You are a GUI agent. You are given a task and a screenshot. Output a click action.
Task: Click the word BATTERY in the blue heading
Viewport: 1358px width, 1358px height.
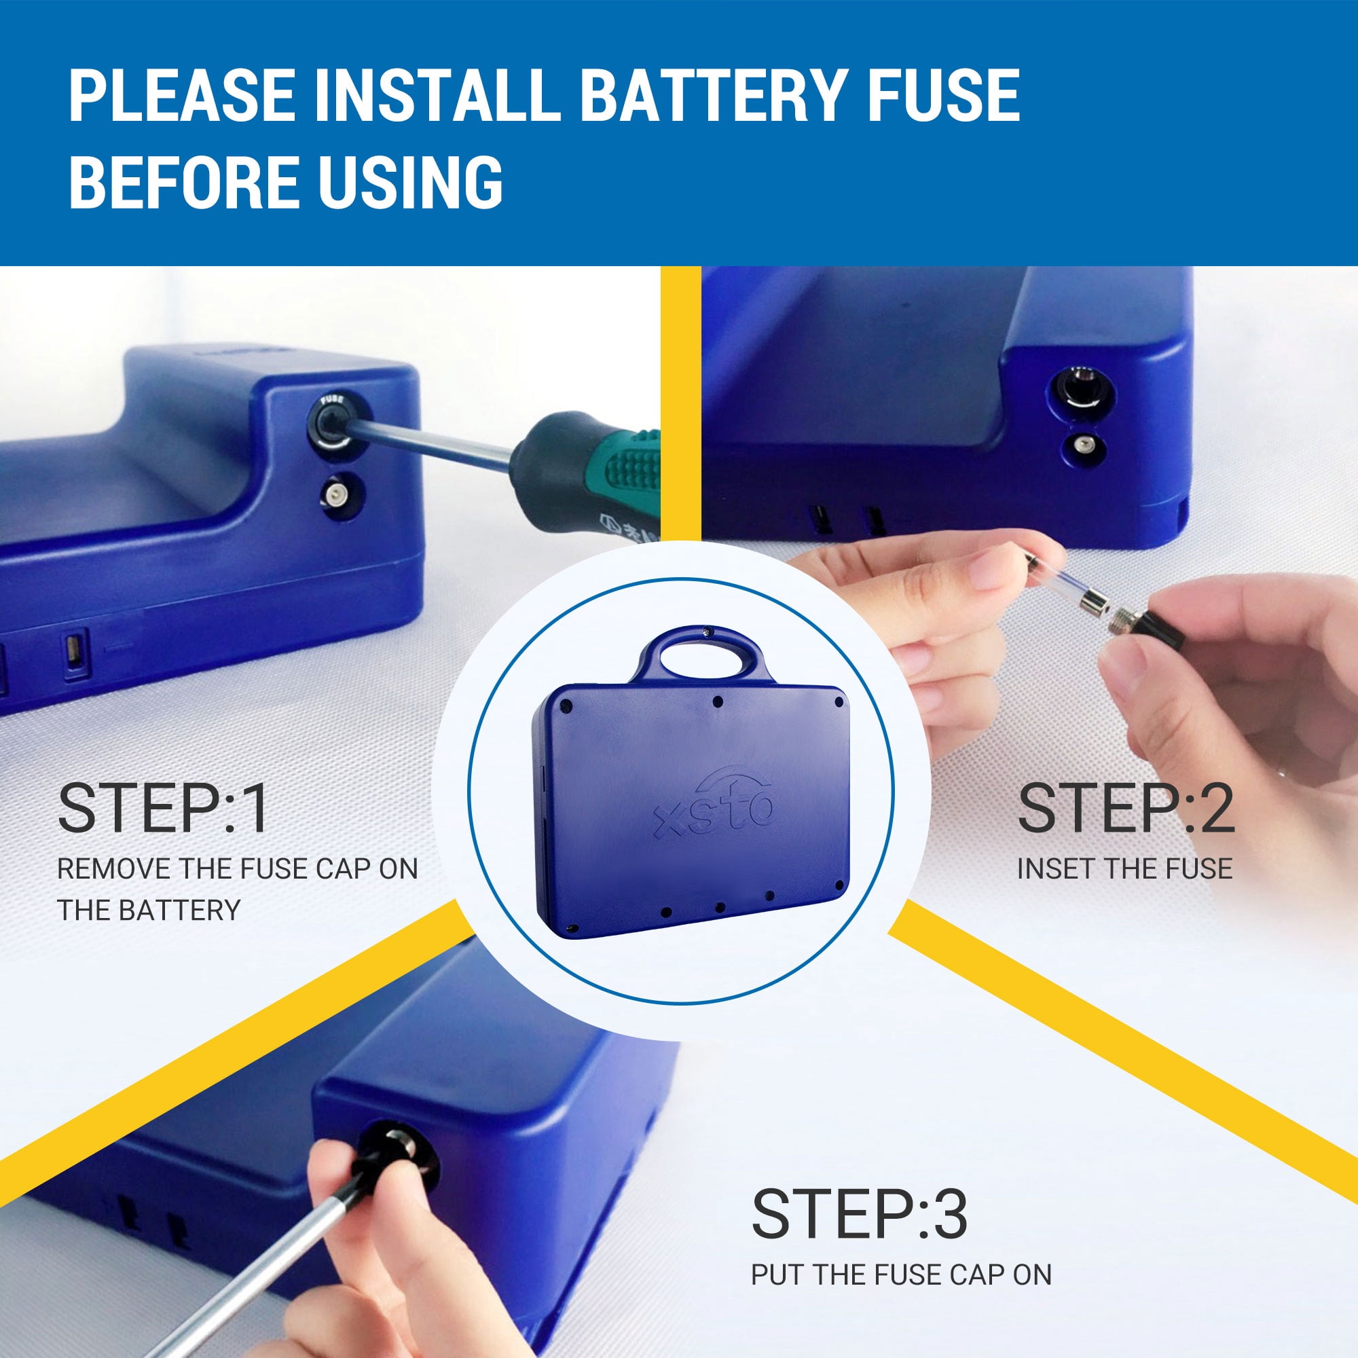click(714, 95)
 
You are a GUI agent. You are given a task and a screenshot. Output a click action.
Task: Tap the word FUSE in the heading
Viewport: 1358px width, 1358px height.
click(943, 95)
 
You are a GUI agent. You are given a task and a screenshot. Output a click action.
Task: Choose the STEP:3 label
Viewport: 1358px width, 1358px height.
click(859, 1214)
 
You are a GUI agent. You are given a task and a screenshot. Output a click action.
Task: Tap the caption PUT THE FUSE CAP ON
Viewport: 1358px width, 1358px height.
click(901, 1274)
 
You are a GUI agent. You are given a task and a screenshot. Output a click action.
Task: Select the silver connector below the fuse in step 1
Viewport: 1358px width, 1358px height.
click(335, 494)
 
